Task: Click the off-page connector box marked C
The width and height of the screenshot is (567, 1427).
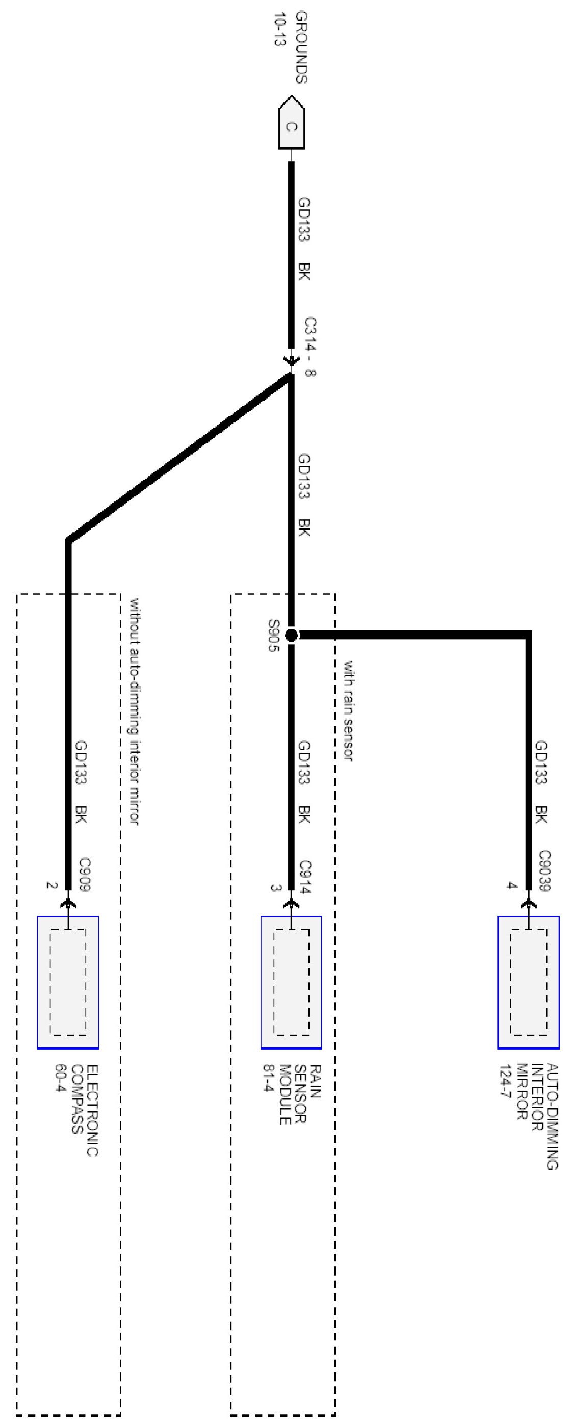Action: (x=291, y=125)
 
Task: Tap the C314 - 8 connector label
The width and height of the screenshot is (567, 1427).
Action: (x=310, y=346)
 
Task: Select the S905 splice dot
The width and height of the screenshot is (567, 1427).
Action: (x=291, y=635)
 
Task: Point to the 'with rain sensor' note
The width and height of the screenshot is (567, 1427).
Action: (x=348, y=709)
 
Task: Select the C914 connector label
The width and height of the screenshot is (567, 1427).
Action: (x=305, y=877)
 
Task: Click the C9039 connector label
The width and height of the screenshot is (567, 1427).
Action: (x=544, y=870)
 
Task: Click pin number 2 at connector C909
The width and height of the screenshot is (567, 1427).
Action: (x=51, y=885)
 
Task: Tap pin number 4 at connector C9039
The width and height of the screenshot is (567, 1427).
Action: (x=511, y=885)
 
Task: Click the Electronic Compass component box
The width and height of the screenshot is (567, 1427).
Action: (x=68, y=982)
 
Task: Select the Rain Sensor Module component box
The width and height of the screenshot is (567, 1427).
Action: (x=291, y=982)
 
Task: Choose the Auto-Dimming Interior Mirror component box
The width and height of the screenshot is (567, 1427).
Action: (x=528, y=982)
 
